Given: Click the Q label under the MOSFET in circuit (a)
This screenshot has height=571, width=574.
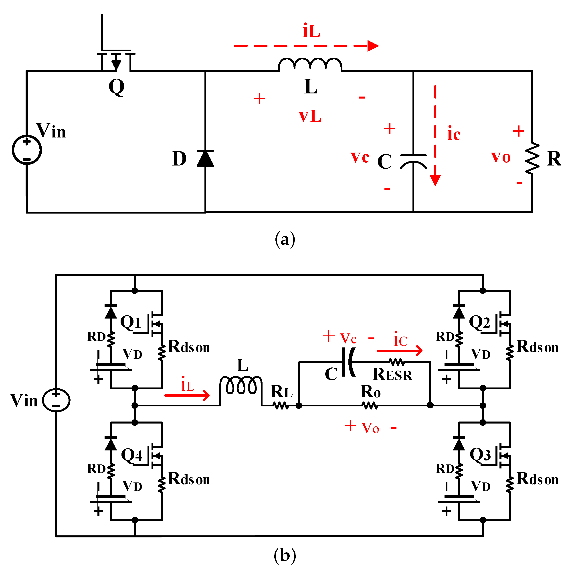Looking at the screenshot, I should (x=116, y=87).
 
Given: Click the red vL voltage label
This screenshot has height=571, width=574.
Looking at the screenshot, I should (x=310, y=116).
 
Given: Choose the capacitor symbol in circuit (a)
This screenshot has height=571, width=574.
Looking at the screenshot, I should (x=413, y=161).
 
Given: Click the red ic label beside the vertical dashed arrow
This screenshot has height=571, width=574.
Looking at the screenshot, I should (x=454, y=134).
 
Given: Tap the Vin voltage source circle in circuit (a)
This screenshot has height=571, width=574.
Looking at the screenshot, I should (x=27, y=150).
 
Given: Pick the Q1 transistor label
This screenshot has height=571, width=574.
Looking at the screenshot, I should (x=130, y=322).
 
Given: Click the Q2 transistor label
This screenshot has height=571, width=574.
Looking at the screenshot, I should (x=479, y=322).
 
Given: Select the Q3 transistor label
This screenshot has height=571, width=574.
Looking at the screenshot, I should (x=480, y=454).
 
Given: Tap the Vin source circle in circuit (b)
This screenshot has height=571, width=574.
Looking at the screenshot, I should (x=56, y=400).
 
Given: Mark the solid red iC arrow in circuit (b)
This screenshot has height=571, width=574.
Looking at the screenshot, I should (x=399, y=351).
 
